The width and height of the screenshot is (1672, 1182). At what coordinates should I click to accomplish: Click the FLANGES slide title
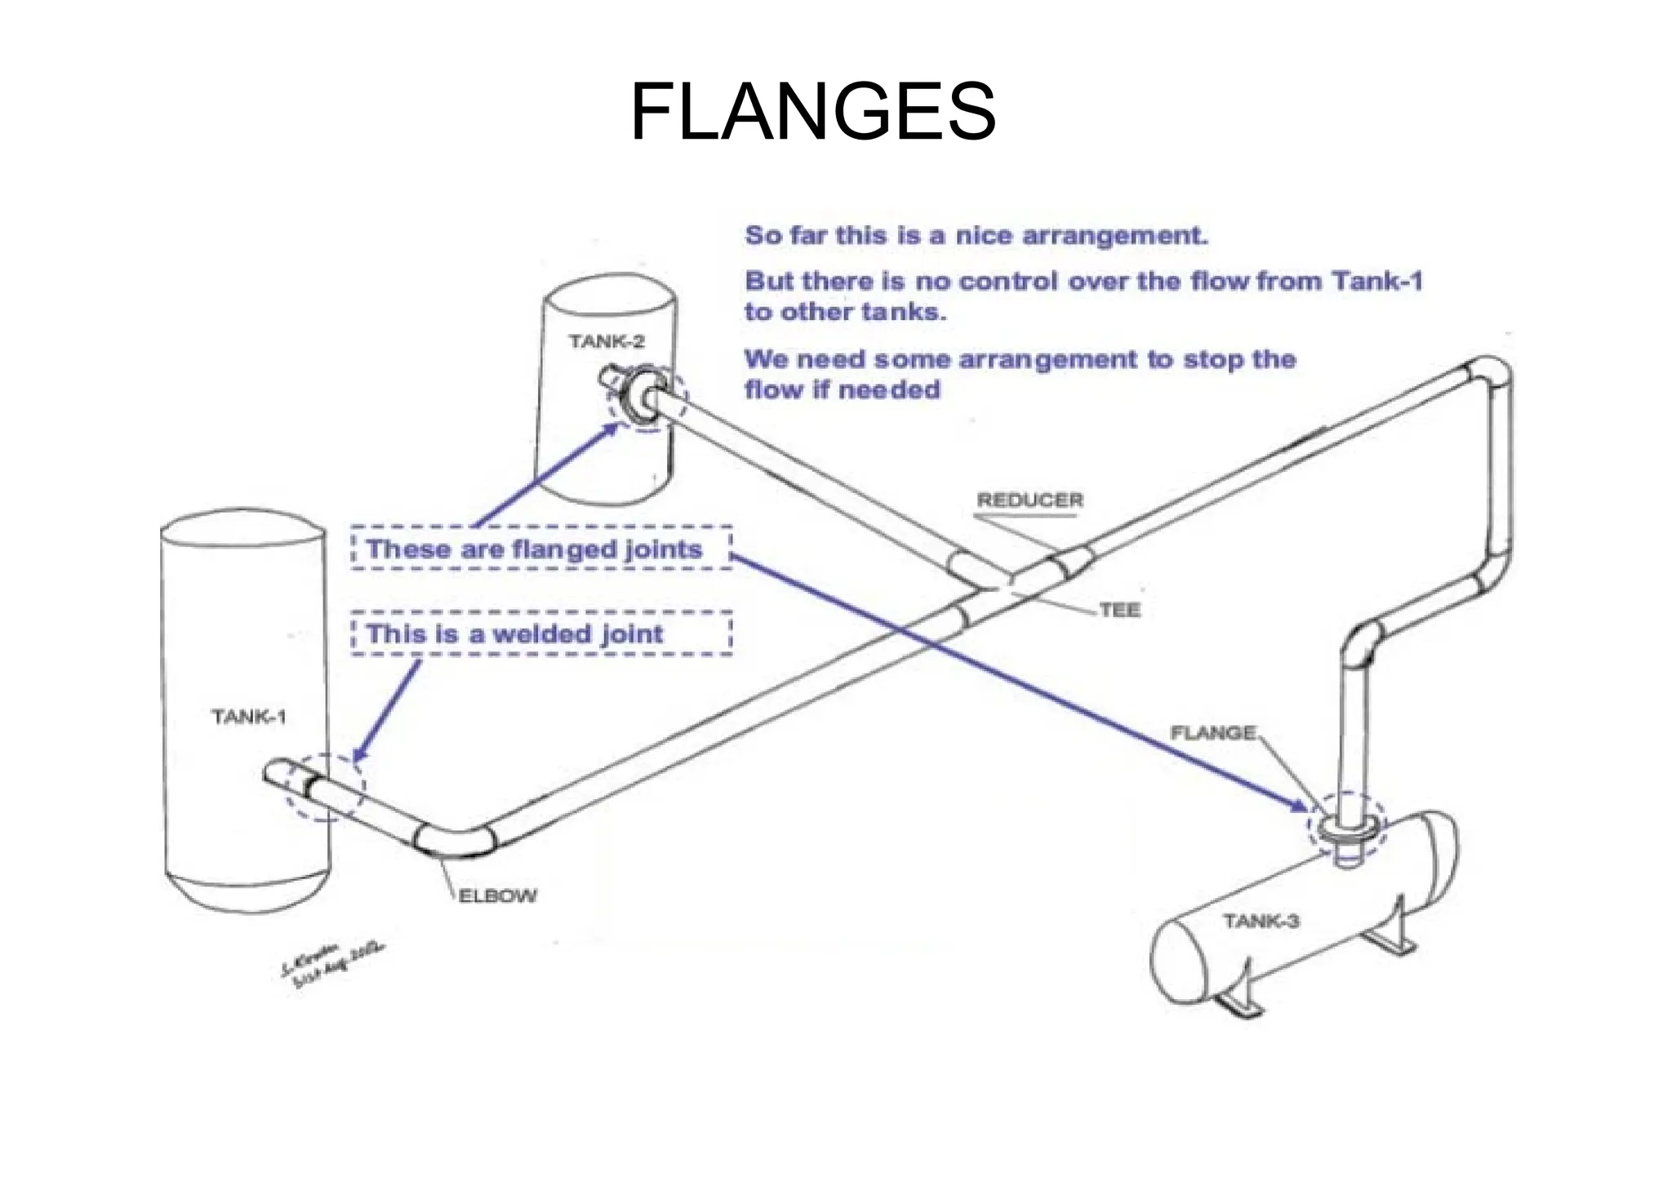point(812,112)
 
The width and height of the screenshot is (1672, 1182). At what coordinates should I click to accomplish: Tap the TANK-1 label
point(249,717)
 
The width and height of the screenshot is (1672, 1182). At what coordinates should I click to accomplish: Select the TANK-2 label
point(607,341)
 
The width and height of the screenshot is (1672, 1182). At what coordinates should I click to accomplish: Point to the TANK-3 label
point(1261,921)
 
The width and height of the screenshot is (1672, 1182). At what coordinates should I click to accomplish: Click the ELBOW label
point(498,895)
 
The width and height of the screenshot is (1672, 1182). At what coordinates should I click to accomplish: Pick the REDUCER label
point(1030,500)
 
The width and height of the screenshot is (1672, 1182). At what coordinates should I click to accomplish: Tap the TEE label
point(1119,610)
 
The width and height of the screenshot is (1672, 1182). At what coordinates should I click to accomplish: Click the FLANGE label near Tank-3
point(1213,732)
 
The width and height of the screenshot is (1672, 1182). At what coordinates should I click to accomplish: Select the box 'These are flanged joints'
point(540,548)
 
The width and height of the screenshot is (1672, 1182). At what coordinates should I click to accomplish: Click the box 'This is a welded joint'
point(540,633)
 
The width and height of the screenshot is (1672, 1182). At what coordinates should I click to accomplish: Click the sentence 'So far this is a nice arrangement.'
point(976,236)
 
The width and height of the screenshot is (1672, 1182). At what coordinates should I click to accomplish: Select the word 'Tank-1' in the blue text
point(1377,282)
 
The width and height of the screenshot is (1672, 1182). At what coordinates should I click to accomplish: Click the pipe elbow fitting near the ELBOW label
point(454,841)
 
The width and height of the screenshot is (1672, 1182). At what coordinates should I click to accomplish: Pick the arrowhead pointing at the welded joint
point(359,754)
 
